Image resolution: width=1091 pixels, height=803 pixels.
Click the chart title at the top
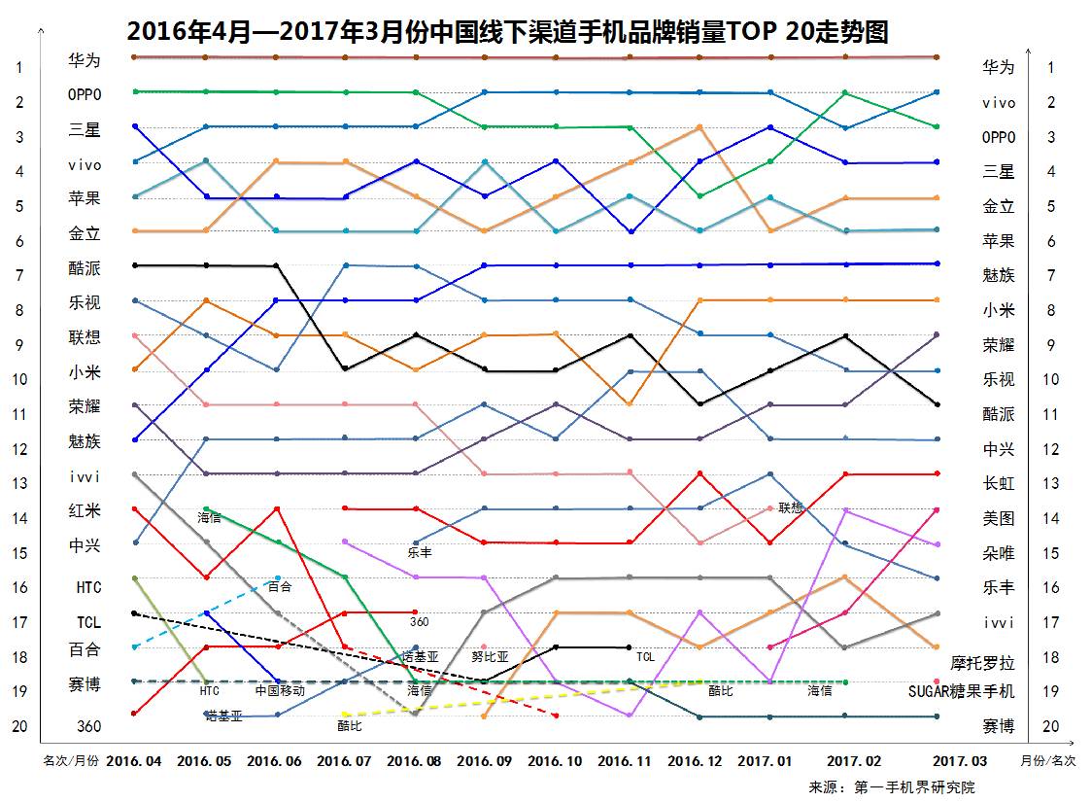(507, 32)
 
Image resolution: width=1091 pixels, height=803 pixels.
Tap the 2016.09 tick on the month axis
(483, 760)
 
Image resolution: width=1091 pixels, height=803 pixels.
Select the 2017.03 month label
(959, 760)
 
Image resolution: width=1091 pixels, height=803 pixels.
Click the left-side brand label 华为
(84, 60)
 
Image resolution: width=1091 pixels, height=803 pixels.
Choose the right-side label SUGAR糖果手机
(961, 691)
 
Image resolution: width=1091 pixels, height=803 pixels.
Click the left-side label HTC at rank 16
(88, 587)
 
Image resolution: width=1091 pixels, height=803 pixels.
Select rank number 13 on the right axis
(1049, 483)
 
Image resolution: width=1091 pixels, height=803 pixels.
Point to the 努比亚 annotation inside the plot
(490, 656)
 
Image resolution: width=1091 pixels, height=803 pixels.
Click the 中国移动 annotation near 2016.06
(280, 691)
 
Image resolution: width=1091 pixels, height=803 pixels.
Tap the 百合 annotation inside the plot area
(280, 586)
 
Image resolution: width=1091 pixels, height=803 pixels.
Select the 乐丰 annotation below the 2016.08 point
(420, 552)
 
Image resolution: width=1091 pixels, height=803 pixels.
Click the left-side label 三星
(84, 129)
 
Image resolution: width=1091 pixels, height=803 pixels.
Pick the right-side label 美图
(998, 518)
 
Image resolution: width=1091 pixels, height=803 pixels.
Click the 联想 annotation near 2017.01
(791, 507)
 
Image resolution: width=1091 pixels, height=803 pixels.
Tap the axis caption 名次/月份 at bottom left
(71, 760)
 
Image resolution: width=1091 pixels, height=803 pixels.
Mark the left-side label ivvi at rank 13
(85, 476)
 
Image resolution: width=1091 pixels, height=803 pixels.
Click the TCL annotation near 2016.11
(645, 656)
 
